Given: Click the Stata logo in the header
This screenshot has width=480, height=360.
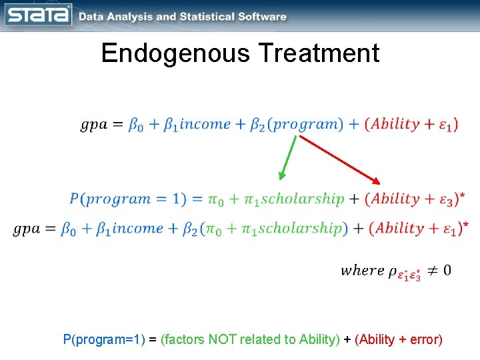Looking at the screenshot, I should [39, 15].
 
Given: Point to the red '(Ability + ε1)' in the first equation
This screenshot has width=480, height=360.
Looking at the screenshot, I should [411, 125].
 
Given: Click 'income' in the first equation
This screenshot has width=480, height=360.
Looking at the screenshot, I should [206, 125].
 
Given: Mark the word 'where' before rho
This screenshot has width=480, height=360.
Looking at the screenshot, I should [362, 270].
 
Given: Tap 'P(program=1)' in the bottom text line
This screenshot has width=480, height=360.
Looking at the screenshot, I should [103, 339].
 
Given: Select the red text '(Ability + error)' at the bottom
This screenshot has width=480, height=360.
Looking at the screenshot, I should [399, 339].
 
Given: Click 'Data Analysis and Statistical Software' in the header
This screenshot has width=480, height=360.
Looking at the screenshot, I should [183, 17].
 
